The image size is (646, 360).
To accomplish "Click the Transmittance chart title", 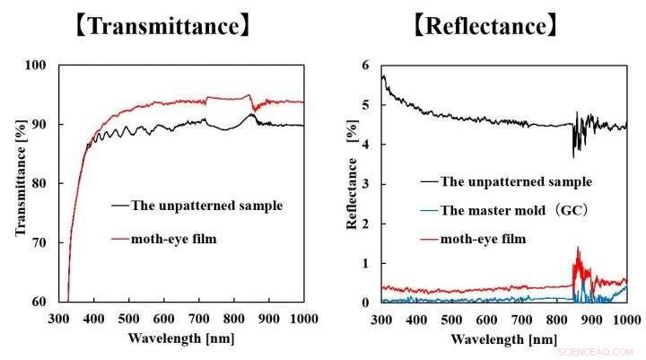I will [161, 25].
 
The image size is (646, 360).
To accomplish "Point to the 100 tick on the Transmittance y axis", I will [47, 65].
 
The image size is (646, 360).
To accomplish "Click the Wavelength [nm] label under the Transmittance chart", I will [182, 339].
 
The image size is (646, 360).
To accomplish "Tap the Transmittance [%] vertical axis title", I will [21, 183].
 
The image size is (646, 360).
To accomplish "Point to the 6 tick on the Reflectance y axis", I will [365, 65].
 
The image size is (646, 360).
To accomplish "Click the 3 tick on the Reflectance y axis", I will [365, 184].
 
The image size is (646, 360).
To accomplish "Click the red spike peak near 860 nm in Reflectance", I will [578, 249].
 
